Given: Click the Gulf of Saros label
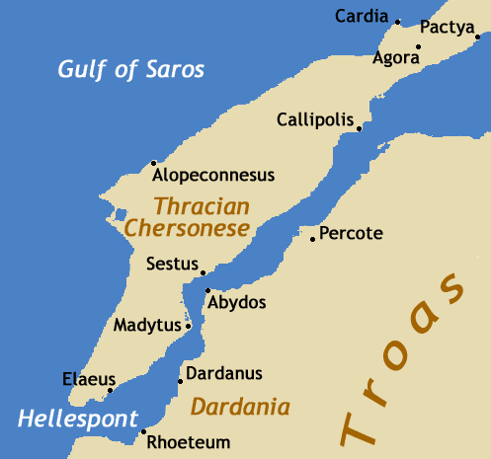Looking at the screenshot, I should click(130, 69).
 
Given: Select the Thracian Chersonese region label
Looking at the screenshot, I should click(187, 217).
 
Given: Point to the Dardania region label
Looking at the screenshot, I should click(240, 407).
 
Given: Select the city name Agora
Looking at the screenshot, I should click(396, 58).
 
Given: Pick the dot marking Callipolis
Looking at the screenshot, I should click(359, 128).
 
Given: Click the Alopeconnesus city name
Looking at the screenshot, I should click(212, 176).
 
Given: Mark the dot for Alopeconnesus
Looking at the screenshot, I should click(153, 163).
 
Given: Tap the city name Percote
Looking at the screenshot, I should click(352, 235).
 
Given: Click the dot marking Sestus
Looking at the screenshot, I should click(204, 272).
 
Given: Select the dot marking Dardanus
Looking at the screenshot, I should click(179, 381).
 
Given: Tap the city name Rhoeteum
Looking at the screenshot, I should click(188, 443).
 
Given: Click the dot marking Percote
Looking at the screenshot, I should click(313, 239).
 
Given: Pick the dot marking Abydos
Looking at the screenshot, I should click(207, 290).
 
